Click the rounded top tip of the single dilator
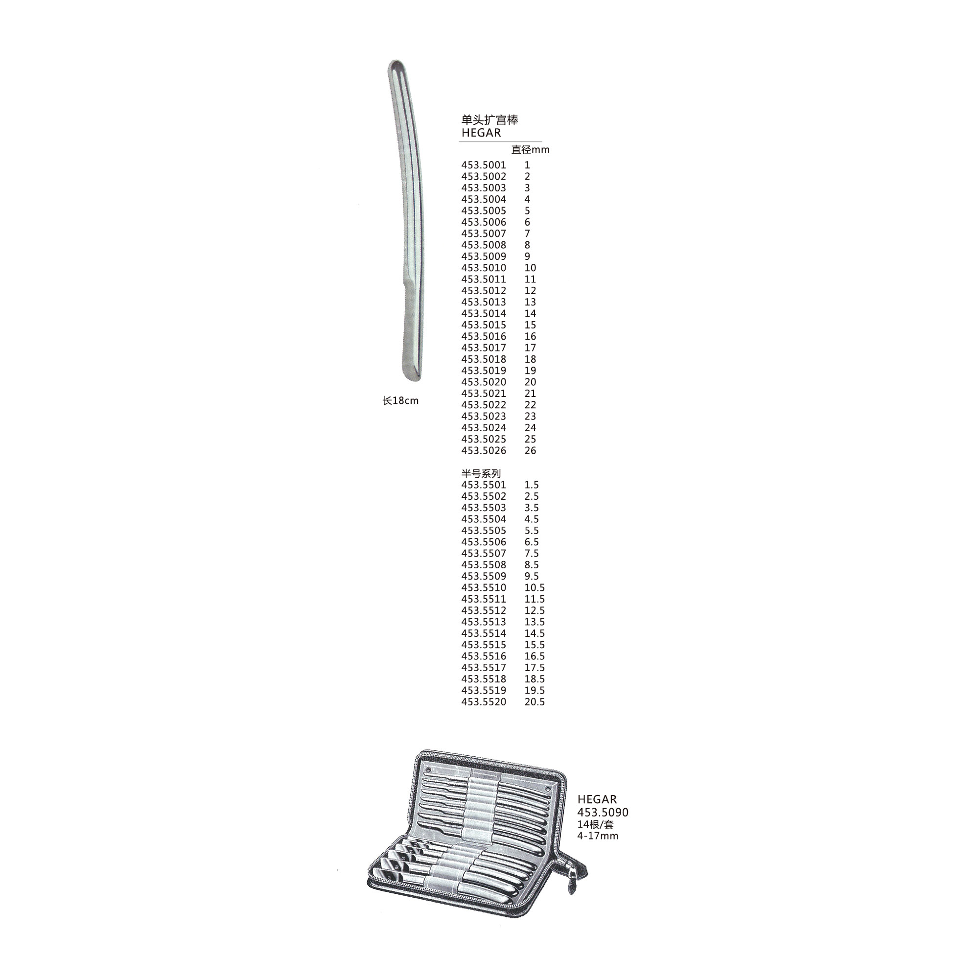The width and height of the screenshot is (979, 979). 395,62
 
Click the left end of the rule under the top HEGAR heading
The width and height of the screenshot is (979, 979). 459,142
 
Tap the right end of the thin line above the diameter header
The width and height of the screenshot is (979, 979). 542,142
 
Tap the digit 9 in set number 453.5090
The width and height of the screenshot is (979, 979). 617,812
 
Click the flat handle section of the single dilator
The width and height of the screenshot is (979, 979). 412,329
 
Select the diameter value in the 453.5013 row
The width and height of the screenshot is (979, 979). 530,302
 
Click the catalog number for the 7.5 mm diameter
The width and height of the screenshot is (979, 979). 484,553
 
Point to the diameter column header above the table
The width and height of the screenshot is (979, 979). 530,149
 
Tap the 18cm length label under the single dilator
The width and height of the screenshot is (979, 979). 400,401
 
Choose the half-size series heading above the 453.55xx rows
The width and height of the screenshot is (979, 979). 481,473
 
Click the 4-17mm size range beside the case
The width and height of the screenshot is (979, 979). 598,836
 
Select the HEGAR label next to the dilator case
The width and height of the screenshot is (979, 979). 597,800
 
